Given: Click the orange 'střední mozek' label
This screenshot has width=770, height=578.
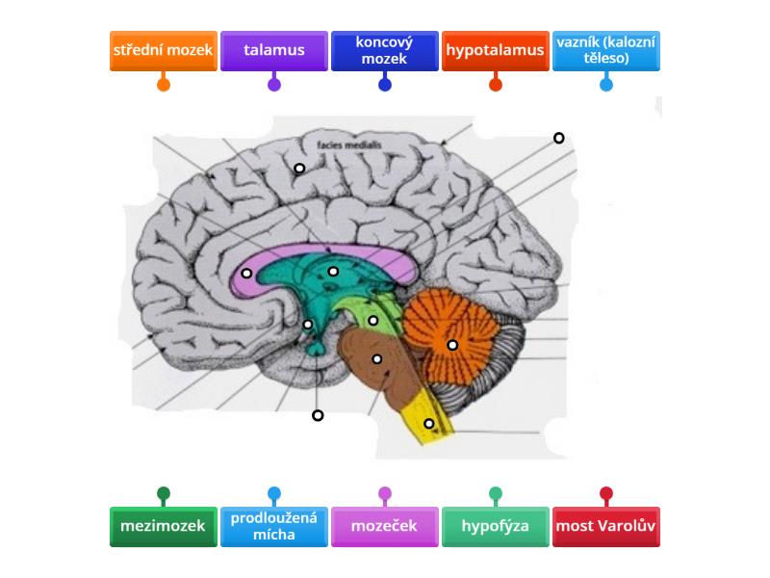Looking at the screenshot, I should click(x=164, y=50).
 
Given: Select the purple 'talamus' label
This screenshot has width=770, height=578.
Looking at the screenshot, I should click(x=274, y=50).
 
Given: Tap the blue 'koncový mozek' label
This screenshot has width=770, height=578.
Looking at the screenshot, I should click(x=385, y=50).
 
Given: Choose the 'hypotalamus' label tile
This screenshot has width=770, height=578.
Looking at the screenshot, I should click(x=496, y=50).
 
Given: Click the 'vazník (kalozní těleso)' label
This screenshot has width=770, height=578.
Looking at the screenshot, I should click(x=606, y=50).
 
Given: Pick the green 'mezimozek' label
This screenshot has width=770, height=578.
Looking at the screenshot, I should click(x=164, y=527).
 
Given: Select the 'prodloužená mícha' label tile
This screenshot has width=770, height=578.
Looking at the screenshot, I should click(x=274, y=527).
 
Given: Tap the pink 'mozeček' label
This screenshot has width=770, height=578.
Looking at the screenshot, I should click(x=385, y=527).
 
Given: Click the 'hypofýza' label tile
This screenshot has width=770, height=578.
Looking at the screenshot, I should click(x=496, y=527).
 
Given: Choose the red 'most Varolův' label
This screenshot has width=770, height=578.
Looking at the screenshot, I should click(x=606, y=527).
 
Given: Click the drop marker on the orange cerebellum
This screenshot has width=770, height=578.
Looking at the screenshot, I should click(x=452, y=345).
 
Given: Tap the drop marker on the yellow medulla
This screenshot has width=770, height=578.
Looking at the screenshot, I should click(x=429, y=423).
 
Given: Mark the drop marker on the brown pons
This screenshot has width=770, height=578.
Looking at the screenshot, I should click(x=377, y=359).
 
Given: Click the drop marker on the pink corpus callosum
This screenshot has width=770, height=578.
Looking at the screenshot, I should click(x=247, y=274).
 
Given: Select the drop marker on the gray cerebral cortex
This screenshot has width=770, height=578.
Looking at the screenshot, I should click(x=299, y=169).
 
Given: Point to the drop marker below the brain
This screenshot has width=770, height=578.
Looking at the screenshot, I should click(x=318, y=415).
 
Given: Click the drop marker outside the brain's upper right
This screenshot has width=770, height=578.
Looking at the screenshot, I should click(x=558, y=138).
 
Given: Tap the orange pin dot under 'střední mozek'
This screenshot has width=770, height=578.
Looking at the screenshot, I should click(x=164, y=84).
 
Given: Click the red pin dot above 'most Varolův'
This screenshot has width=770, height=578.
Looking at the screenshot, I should click(x=606, y=493).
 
